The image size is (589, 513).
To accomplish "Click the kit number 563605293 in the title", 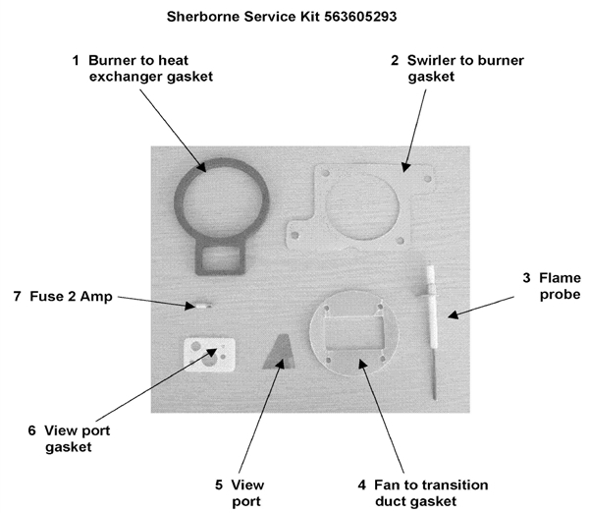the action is (360, 17).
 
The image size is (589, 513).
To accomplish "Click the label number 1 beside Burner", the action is (76, 60).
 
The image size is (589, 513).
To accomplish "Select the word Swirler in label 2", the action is (431, 60).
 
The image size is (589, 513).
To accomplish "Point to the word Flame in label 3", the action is (560, 278).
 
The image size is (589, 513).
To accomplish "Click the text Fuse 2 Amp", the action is (71, 297).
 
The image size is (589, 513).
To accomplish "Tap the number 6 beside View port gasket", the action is (32, 430).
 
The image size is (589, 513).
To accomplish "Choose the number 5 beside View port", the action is (219, 484).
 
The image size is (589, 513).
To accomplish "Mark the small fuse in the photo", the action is (199, 306).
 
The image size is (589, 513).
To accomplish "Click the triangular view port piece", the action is (279, 352).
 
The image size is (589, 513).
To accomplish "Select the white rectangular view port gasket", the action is (209, 355).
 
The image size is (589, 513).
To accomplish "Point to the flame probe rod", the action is (431, 332).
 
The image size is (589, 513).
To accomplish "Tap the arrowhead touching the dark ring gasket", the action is (201, 166).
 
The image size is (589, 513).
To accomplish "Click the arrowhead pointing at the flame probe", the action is (453, 314).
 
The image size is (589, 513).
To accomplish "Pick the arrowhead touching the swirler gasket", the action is (404, 167).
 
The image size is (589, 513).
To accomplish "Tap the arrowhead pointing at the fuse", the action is (190, 306).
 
